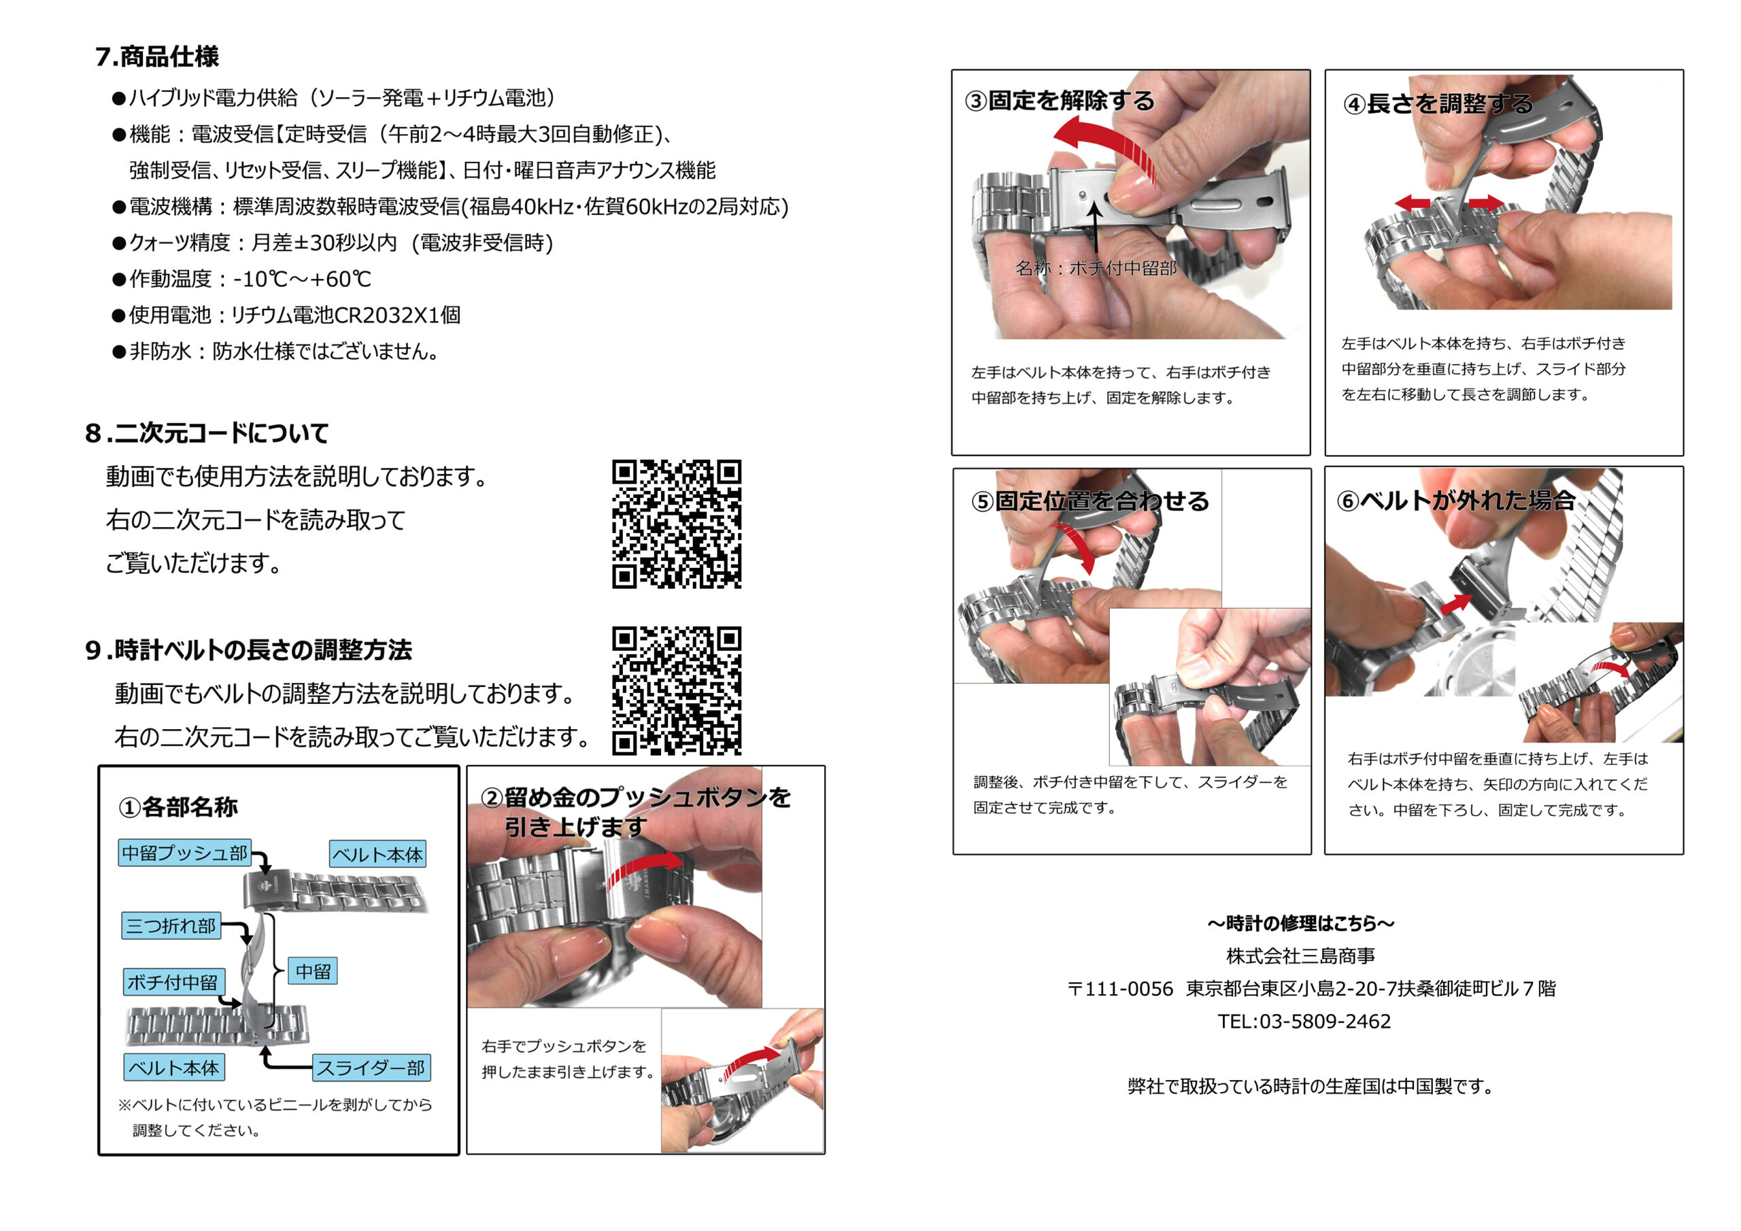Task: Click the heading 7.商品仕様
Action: (157, 57)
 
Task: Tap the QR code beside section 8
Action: (677, 524)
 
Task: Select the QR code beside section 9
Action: (677, 691)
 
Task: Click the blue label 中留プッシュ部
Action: (185, 854)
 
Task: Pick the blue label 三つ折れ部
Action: (171, 926)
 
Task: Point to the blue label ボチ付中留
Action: (172, 982)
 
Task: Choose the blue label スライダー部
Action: (371, 1068)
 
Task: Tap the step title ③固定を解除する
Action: (1060, 101)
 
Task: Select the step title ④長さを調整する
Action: (1438, 104)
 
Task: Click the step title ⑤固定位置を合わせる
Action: (1089, 501)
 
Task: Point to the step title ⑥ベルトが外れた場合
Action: (1455, 501)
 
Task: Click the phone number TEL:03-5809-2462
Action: (1304, 1022)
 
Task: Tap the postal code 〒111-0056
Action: (1120, 989)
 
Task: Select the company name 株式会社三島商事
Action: (1301, 956)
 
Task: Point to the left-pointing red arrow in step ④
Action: (1413, 203)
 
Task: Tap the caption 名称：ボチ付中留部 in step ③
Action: (1096, 268)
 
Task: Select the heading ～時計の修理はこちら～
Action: (1301, 923)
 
